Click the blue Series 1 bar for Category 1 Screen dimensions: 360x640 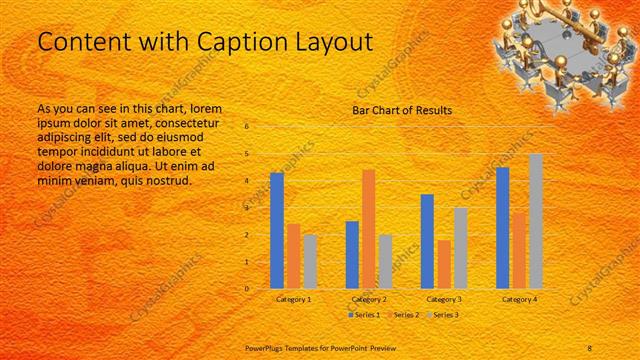(277, 230)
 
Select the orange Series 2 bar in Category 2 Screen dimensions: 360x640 (369, 228)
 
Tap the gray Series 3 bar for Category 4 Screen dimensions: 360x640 (536, 221)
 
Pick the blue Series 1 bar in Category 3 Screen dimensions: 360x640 (427, 241)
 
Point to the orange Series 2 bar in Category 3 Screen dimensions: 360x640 (443, 264)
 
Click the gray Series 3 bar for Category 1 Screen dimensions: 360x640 (310, 261)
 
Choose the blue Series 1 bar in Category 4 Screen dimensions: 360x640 (503, 227)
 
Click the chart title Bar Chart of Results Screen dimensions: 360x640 (402, 110)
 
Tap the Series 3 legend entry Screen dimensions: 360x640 (444, 315)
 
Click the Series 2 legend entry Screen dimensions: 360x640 (403, 315)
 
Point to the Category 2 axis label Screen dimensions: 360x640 (369, 299)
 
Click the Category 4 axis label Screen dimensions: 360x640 (519, 299)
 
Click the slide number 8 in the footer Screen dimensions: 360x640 (591, 347)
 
